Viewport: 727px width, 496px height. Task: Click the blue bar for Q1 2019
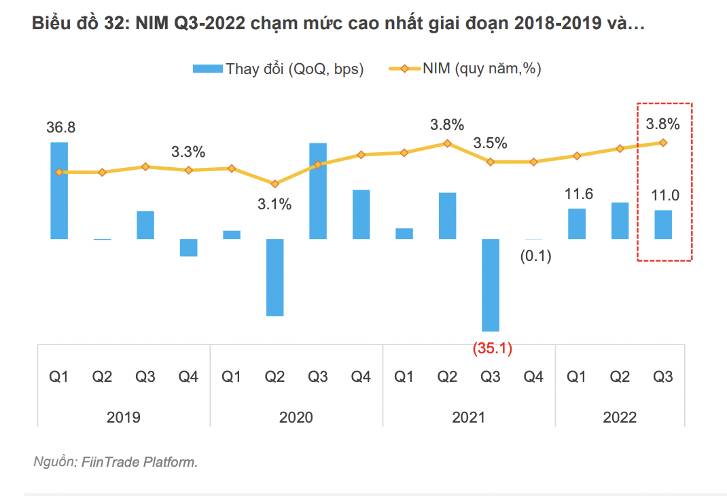[59, 191]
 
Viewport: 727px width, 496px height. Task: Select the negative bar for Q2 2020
[274, 277]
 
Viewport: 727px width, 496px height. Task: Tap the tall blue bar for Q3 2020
[318, 191]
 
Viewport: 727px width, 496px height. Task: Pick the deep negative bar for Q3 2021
[491, 285]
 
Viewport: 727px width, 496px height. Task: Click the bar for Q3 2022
[663, 224]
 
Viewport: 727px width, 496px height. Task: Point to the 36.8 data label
[61, 128]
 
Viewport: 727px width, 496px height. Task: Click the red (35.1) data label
[492, 349]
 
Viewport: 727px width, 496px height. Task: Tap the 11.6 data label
[578, 194]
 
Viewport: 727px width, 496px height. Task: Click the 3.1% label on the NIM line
[274, 204]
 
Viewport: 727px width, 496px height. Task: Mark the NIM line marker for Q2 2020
[274, 183]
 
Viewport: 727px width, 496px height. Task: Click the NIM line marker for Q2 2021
[447, 143]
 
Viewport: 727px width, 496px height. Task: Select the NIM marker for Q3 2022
[663, 143]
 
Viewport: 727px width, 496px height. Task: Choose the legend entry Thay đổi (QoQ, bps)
[279, 69]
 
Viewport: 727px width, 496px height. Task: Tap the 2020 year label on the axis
[296, 417]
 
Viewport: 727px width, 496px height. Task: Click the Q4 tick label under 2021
[534, 376]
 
